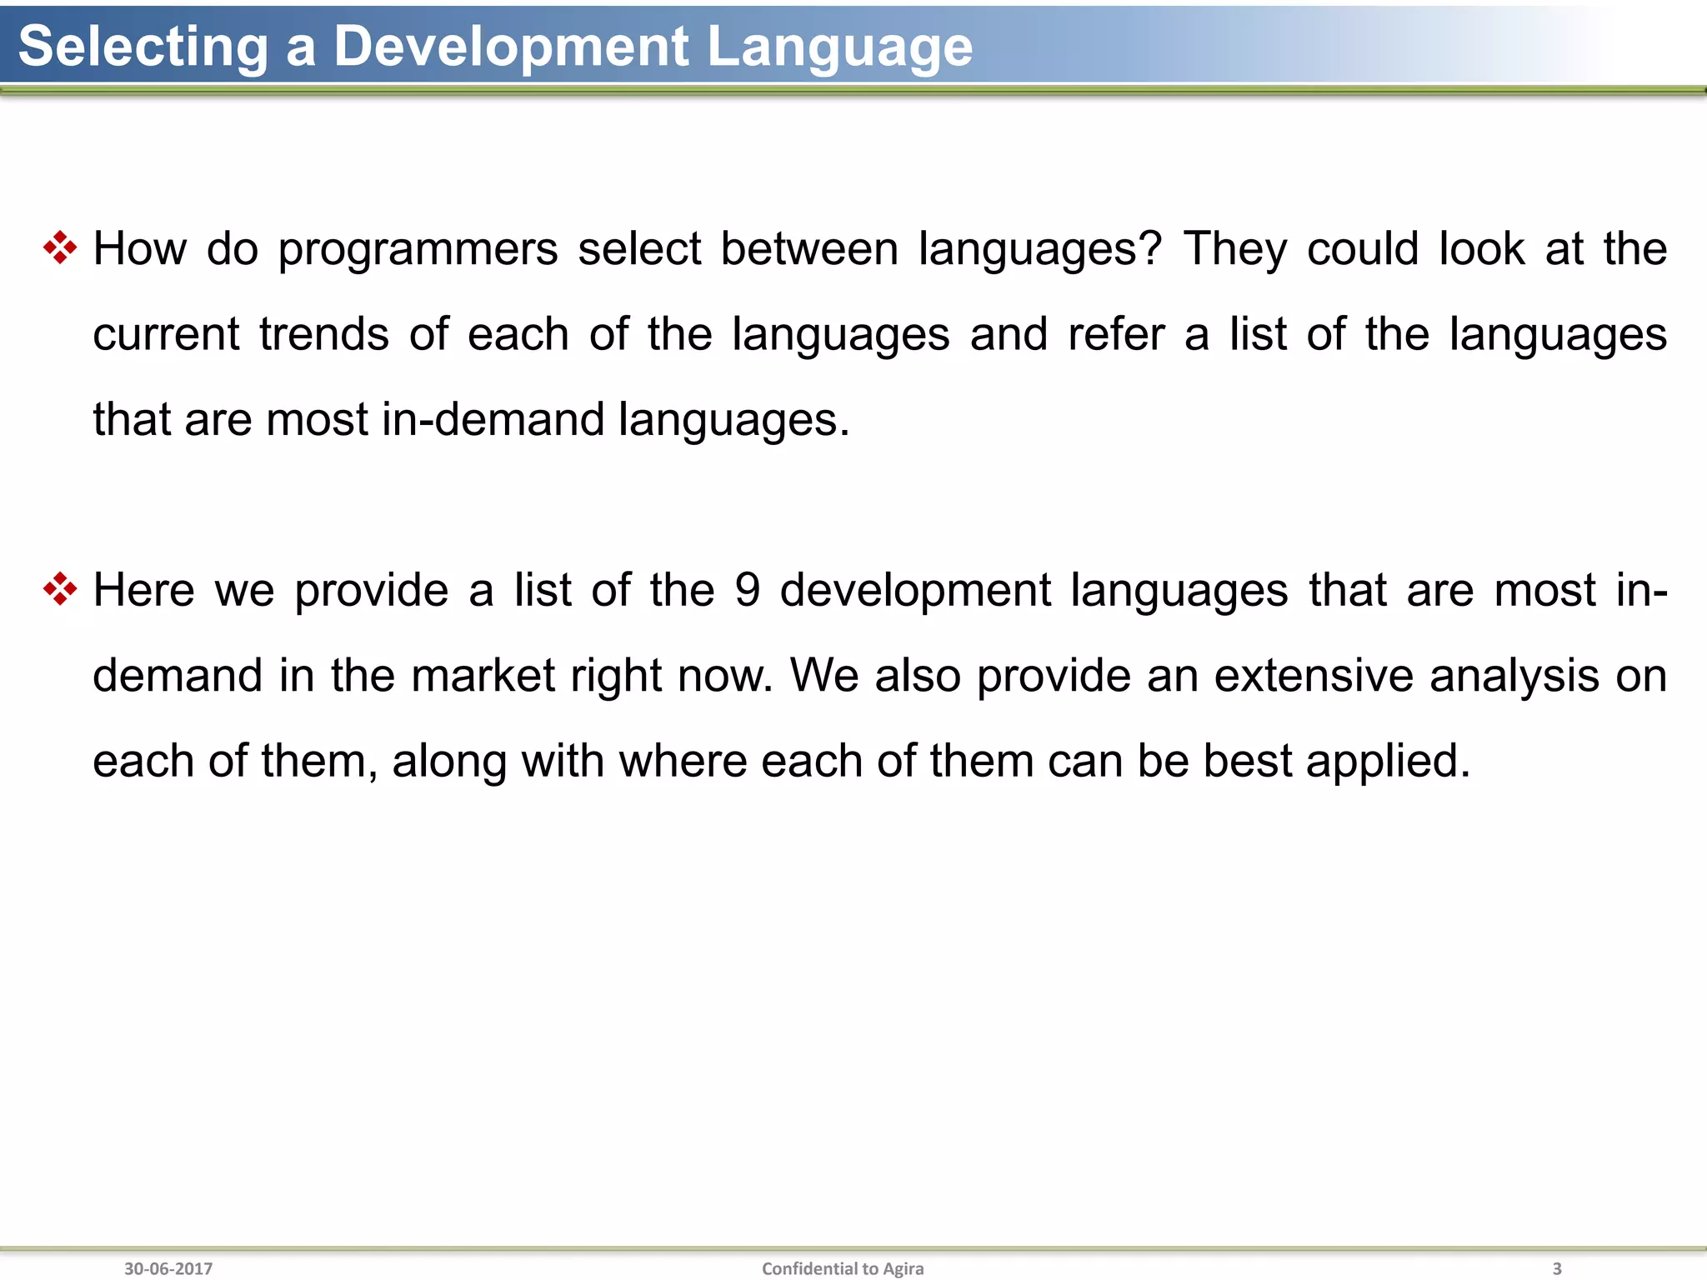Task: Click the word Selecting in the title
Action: pyautogui.click(x=143, y=47)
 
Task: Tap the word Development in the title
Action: pyautogui.click(x=511, y=47)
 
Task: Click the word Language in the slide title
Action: pyautogui.click(x=839, y=47)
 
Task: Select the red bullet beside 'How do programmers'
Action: pyautogui.click(x=60, y=248)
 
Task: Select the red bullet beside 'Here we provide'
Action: pyautogui.click(x=60, y=589)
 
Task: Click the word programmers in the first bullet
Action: pyautogui.click(x=418, y=250)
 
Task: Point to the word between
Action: pyautogui.click(x=808, y=248)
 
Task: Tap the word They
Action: pyautogui.click(x=1235, y=248)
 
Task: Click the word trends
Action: pyautogui.click(x=323, y=334)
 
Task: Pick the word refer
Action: pyautogui.click(x=1116, y=334)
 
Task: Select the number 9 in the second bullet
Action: pyautogui.click(x=747, y=590)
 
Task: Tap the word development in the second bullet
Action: pyautogui.click(x=915, y=592)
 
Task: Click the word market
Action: pyautogui.click(x=483, y=675)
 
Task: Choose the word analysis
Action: pyautogui.click(x=1514, y=677)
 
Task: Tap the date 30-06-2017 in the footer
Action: pyautogui.click(x=168, y=1268)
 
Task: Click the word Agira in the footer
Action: pyautogui.click(x=903, y=1268)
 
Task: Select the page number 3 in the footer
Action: pyautogui.click(x=1556, y=1268)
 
